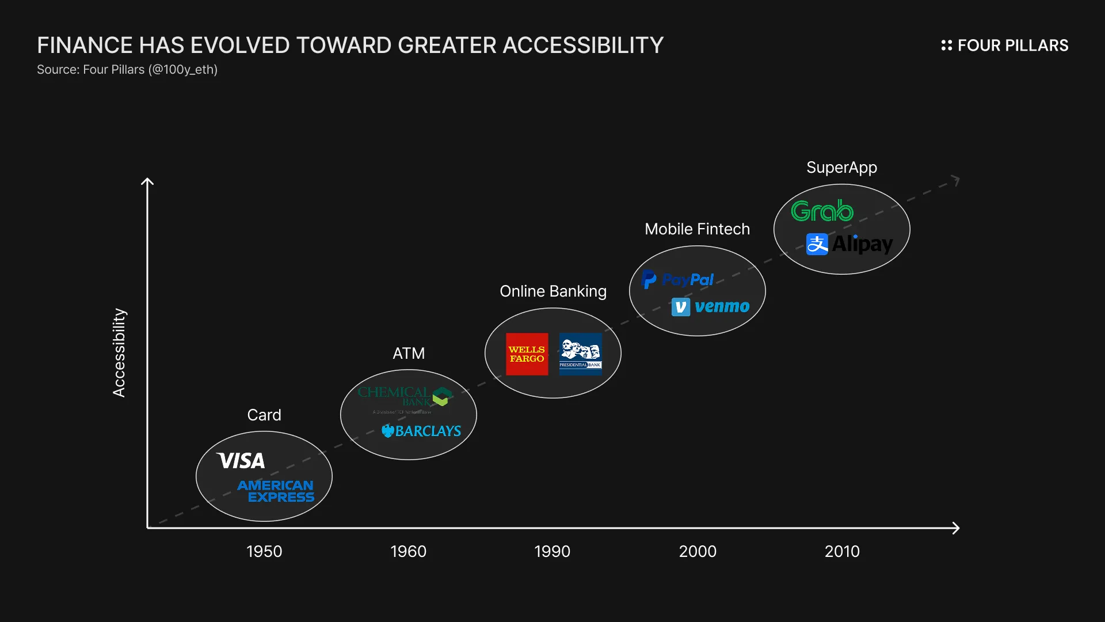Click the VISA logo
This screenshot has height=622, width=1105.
(241, 461)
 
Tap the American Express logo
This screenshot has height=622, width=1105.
(276, 491)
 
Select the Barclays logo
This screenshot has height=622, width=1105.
(421, 431)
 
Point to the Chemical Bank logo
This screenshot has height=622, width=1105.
(405, 397)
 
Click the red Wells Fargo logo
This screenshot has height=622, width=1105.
(527, 354)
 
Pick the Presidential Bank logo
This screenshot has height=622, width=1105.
(580, 354)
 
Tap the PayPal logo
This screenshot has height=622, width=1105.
(677, 280)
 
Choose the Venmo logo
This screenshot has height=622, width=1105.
(711, 306)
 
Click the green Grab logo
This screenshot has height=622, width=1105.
(822, 211)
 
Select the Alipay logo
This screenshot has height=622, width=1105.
(849, 244)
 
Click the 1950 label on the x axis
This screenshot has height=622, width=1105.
(264, 551)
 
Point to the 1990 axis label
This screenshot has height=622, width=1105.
(552, 551)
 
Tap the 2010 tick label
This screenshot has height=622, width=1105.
(842, 551)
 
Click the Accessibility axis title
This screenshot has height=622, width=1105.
(119, 352)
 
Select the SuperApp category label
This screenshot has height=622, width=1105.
(841, 168)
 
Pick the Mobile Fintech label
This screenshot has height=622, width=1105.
(697, 229)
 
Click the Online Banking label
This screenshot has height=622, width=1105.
(552, 291)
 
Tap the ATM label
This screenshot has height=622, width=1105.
(409, 353)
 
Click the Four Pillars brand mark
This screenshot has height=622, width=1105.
(1004, 45)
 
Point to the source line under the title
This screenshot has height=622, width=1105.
(127, 70)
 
